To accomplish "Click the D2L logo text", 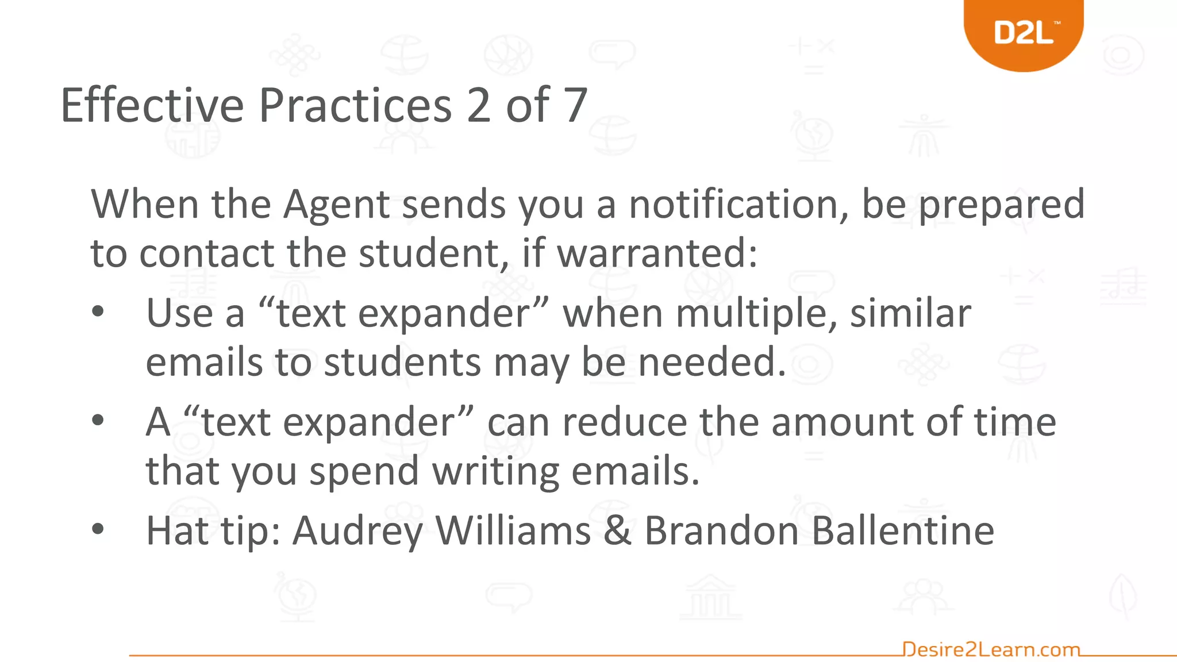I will (x=1024, y=33).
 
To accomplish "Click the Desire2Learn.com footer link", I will (x=991, y=649).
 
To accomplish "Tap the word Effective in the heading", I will (x=152, y=105).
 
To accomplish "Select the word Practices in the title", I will (x=355, y=105).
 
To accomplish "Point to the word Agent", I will (x=337, y=205).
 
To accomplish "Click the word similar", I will (x=910, y=313).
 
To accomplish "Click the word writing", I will (x=495, y=471).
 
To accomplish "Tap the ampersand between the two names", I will (x=617, y=530).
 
